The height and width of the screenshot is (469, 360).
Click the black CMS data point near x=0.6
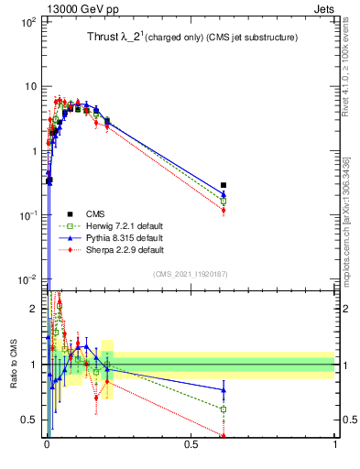coord(224,185)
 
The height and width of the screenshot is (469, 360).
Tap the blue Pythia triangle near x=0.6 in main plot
coord(224,194)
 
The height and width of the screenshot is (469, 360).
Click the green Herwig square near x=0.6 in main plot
coord(224,201)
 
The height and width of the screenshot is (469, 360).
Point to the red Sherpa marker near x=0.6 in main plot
coord(224,211)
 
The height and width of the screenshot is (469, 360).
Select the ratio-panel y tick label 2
coord(35,309)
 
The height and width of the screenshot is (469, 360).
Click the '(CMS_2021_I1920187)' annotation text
coord(190,273)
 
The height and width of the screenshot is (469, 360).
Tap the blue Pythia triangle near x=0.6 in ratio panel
coord(224,389)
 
